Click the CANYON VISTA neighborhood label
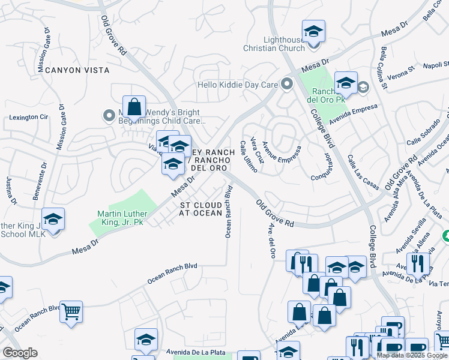point(75,70)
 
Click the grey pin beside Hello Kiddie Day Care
point(287,85)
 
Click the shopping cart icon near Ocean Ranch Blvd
point(71,311)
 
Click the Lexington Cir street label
point(28,118)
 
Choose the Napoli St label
point(428,65)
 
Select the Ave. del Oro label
point(271,242)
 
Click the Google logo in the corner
point(20,352)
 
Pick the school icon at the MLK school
point(53,218)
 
